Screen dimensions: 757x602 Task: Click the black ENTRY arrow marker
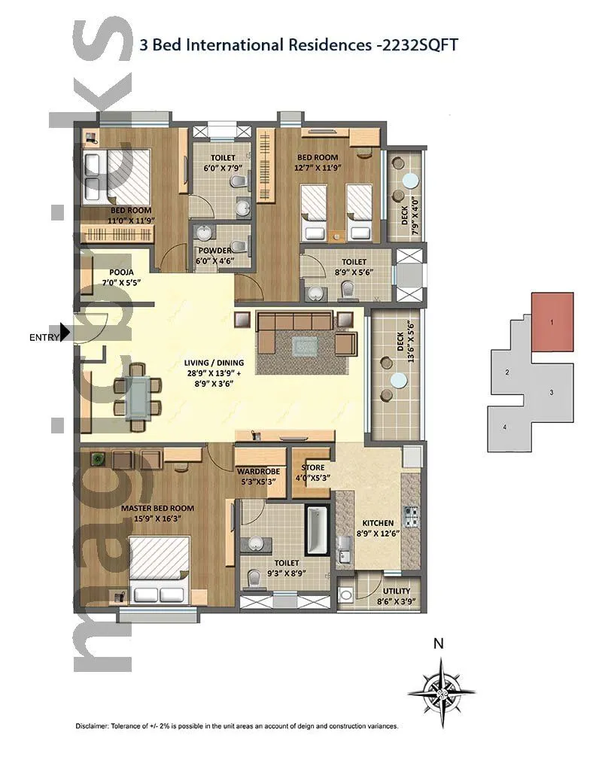point(65,332)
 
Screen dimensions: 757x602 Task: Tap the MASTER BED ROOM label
point(158,509)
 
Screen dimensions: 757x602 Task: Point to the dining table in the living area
point(137,397)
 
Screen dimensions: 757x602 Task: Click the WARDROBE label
point(260,473)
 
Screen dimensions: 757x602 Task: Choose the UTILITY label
point(396,591)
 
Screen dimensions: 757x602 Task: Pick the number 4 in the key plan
point(505,428)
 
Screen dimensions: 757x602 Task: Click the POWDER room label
point(214,251)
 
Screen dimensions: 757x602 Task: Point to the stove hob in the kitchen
point(411,516)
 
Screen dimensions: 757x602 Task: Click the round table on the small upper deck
point(409,181)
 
